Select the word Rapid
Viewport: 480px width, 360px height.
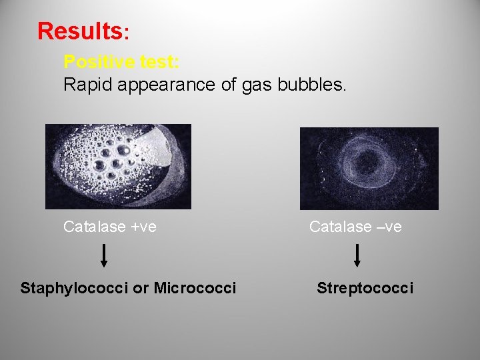(x=83, y=85)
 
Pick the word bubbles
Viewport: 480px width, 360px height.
(x=313, y=85)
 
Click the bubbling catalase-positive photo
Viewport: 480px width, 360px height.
(x=118, y=167)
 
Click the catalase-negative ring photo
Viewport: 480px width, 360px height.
(x=369, y=168)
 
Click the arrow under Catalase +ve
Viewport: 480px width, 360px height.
(x=104, y=256)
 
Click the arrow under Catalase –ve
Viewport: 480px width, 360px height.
(x=357, y=256)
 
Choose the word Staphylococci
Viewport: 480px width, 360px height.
(x=75, y=289)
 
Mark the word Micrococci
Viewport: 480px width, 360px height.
(x=195, y=288)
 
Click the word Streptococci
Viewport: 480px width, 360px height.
(x=365, y=288)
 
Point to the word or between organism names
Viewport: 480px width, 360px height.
(x=141, y=288)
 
